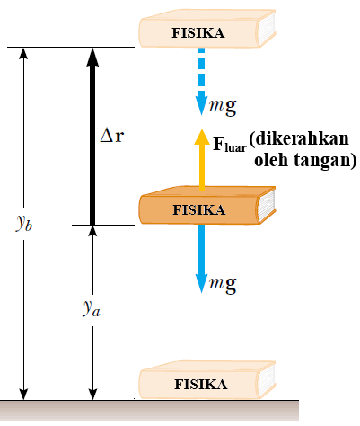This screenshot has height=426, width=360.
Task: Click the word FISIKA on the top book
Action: [x=198, y=33]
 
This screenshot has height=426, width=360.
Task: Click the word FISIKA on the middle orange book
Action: [x=198, y=210]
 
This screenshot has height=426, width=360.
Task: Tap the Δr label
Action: [x=112, y=138]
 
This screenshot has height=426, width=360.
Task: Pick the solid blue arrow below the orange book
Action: [x=202, y=261]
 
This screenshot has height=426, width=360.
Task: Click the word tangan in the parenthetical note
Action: [x=323, y=162]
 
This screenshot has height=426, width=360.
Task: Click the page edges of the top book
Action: [x=267, y=32]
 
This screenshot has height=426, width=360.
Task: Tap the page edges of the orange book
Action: [x=267, y=209]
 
